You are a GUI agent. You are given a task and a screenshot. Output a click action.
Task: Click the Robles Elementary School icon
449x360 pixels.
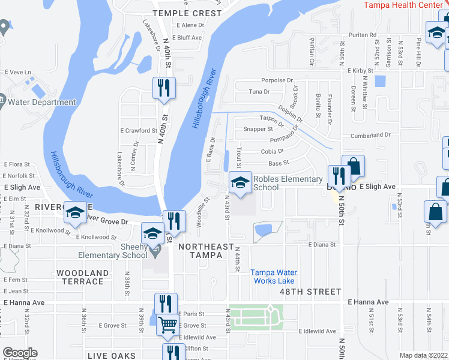click(x=240, y=182)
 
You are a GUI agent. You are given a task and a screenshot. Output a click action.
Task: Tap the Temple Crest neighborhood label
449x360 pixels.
click(x=187, y=13)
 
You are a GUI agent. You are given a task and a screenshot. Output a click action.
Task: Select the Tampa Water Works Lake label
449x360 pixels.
click(x=272, y=277)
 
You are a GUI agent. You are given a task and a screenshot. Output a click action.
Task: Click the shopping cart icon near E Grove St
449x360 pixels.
click(x=167, y=325)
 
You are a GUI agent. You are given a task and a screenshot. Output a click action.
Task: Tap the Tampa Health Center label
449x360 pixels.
click(x=406, y=5)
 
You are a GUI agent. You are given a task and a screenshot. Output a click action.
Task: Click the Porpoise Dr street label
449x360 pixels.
click(x=277, y=80)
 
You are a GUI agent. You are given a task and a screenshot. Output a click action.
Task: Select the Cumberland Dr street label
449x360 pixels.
click(x=370, y=136)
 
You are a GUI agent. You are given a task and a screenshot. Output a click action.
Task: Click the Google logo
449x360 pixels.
click(x=20, y=353)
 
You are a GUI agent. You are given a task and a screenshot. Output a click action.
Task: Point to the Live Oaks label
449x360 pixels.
click(x=112, y=356)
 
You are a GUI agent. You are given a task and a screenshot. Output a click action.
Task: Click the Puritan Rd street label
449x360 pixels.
click(x=364, y=35)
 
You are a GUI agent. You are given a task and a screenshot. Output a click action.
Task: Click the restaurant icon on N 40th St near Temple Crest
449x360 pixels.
click(x=163, y=88)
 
